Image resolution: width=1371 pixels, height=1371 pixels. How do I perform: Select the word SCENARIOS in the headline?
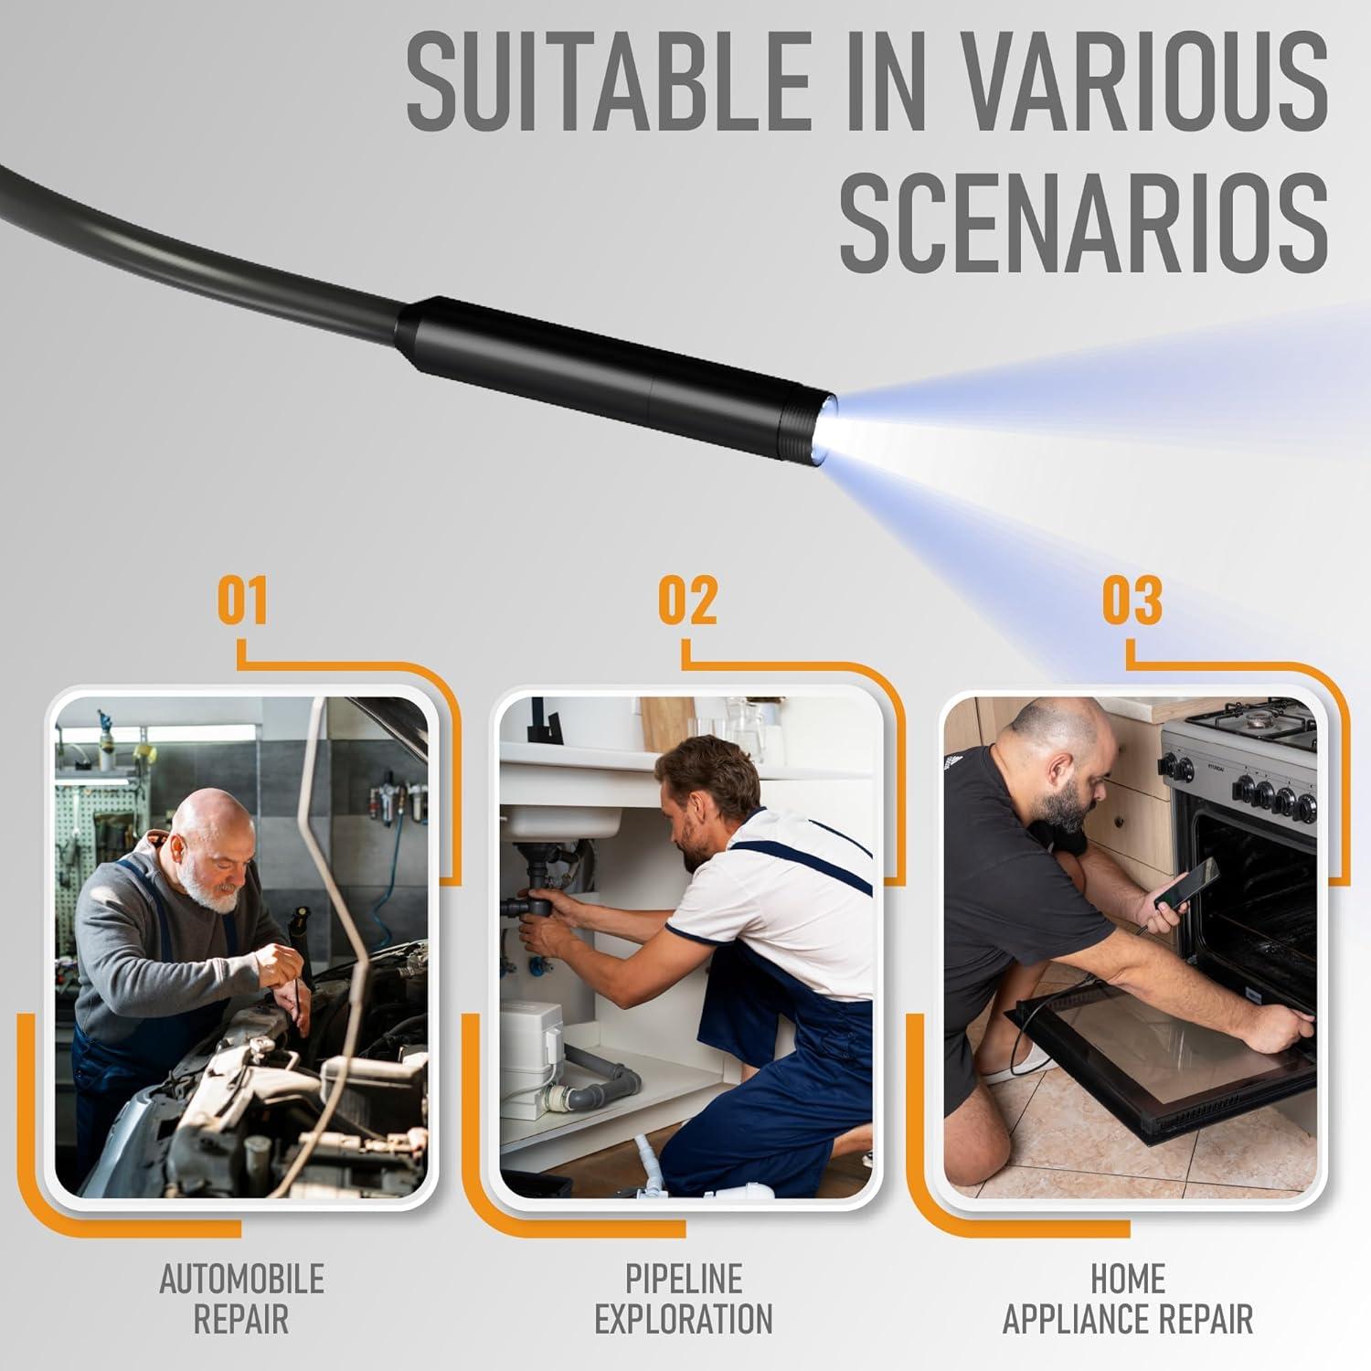[1084, 225]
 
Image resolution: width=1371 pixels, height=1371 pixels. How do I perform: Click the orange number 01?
[242, 600]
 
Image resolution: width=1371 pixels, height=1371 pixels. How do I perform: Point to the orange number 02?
[687, 600]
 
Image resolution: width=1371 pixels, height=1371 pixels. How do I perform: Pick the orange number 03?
[1132, 600]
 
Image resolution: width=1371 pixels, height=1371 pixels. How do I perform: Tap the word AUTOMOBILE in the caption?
[241, 1280]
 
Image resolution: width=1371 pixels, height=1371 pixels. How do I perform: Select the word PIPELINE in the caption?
[684, 1280]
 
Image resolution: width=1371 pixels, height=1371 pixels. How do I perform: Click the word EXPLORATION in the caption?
[684, 1320]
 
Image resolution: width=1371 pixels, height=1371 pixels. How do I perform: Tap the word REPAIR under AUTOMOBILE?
[241, 1320]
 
